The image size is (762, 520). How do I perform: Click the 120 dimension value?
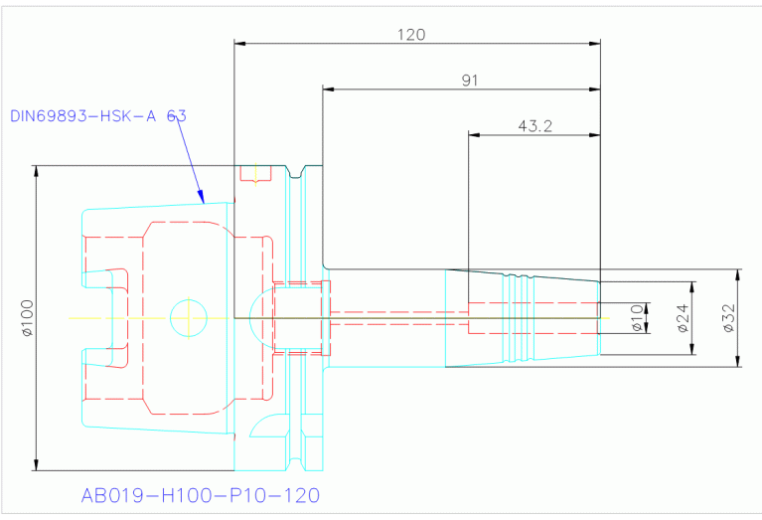pyautogui.click(x=411, y=35)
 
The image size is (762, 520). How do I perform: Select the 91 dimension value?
pyautogui.click(x=470, y=81)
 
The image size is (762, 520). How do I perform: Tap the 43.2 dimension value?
pyautogui.click(x=535, y=126)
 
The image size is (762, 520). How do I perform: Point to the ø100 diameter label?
pyautogui.click(x=27, y=318)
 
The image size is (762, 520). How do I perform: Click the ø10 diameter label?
pyautogui.click(x=637, y=318)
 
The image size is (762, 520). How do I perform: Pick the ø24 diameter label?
pyautogui.click(x=683, y=318)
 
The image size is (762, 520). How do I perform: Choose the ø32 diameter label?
pyautogui.click(x=728, y=318)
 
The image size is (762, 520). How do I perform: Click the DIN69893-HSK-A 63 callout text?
pyautogui.click(x=98, y=115)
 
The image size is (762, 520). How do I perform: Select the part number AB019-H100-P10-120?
pyautogui.click(x=201, y=495)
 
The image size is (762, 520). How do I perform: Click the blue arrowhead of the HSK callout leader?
pyautogui.click(x=202, y=197)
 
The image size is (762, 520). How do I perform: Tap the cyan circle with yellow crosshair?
pyautogui.click(x=189, y=318)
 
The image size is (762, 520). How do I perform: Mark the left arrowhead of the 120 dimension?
pyautogui.click(x=240, y=44)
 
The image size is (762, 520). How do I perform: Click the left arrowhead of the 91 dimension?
pyautogui.click(x=329, y=89)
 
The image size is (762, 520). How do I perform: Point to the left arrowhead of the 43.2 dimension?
pyautogui.click(x=474, y=135)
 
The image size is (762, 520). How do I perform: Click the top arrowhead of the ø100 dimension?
pyautogui.click(x=36, y=171)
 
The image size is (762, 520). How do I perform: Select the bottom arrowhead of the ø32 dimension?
pyautogui.click(x=738, y=361)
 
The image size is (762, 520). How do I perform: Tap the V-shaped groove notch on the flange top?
pyautogui.click(x=295, y=172)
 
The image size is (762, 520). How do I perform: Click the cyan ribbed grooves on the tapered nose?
pyautogui.click(x=519, y=318)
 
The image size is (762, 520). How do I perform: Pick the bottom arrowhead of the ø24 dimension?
pyautogui.click(x=692, y=349)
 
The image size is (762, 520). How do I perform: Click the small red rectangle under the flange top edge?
pyautogui.click(x=255, y=174)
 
